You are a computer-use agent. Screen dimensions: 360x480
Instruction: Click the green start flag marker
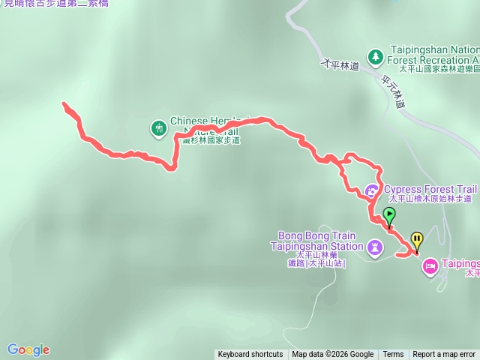coord(389,216)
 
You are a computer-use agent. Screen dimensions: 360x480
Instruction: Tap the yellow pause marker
coord(416,241)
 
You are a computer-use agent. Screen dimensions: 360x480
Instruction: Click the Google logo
coord(28,349)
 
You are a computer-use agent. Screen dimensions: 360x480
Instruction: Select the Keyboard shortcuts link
coord(250,355)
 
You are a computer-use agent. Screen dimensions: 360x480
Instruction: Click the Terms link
coord(393,355)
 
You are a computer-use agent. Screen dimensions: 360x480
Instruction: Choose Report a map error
coord(444,355)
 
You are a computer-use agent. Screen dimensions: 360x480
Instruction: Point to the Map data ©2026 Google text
coord(333,355)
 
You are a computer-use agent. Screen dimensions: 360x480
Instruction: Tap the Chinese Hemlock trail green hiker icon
coord(158,129)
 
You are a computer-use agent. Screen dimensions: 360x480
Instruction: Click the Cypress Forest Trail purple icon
coord(372,190)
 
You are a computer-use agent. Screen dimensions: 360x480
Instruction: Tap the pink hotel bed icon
coord(430,265)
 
